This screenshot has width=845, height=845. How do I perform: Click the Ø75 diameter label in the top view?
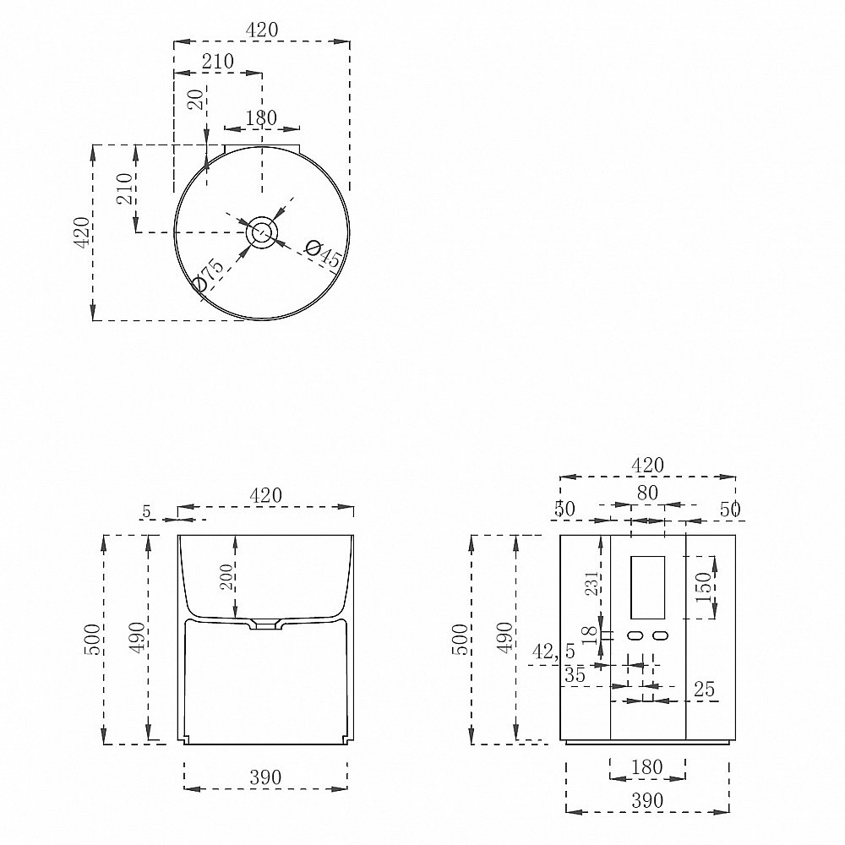[x=208, y=275]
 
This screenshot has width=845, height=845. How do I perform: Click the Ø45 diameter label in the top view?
[x=323, y=253]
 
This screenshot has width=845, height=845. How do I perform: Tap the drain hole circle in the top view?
[x=262, y=233]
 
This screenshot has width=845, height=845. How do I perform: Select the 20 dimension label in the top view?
[x=198, y=100]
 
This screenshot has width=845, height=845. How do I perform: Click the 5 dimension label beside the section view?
[x=146, y=511]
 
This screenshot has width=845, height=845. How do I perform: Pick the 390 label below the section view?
[x=265, y=777]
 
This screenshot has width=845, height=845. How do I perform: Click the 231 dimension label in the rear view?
[x=591, y=584]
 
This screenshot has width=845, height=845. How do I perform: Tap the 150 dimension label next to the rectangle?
[x=704, y=588]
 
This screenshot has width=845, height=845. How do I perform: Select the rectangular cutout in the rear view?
[x=647, y=587]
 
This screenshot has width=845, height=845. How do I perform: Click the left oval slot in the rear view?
[x=636, y=636]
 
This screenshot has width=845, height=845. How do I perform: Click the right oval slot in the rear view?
[x=660, y=636]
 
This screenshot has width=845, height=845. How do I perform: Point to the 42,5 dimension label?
[x=553, y=651]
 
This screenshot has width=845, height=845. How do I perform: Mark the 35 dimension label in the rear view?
[x=575, y=674]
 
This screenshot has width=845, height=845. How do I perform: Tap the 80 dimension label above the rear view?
[x=647, y=493]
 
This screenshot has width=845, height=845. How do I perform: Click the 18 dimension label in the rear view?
[x=591, y=635]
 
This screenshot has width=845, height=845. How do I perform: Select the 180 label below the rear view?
[x=646, y=767]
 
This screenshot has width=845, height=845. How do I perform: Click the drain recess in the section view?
[x=264, y=625]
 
